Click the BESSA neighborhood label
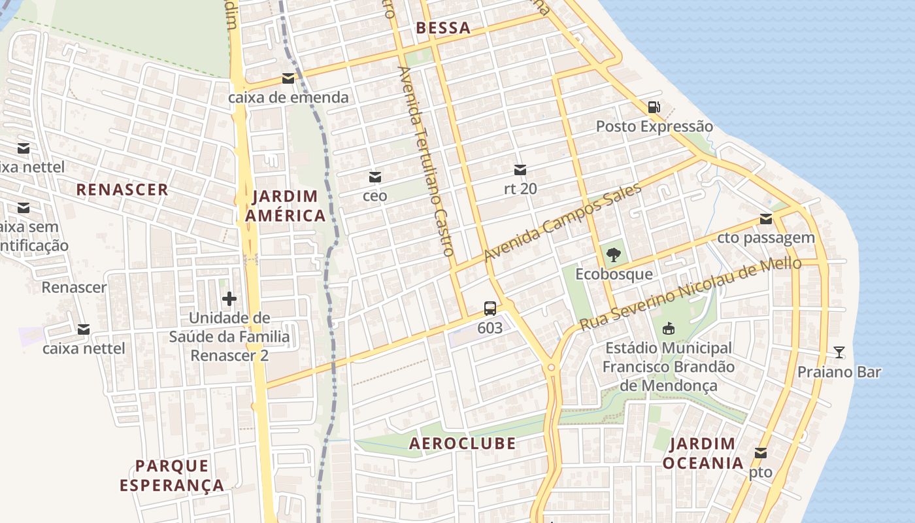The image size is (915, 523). tap(443, 27)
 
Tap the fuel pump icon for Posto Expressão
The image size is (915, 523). tap(654, 107)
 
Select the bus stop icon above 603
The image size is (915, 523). tap(490, 309)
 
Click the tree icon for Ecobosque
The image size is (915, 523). tap(613, 255)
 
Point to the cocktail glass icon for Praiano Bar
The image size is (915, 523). tap(839, 353)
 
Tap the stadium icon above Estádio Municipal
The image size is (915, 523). tap(668, 329)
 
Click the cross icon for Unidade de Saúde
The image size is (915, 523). tap(229, 299)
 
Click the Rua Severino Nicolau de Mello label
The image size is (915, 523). tap(690, 294)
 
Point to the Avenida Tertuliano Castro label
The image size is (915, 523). tap(425, 161)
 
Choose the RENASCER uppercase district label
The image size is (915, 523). tap(122, 190)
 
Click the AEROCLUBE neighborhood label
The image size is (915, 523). tap(462, 443)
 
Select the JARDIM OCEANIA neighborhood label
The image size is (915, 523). tap(703, 453)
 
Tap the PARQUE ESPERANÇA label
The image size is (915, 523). tap(173, 475)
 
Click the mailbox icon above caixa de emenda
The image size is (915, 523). tap(288, 79)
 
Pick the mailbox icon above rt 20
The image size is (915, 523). tap(520, 170)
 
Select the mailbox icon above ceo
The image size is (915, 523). tap(375, 177)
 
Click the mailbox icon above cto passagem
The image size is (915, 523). tap(766, 219)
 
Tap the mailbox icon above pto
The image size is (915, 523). tap(761, 453)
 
